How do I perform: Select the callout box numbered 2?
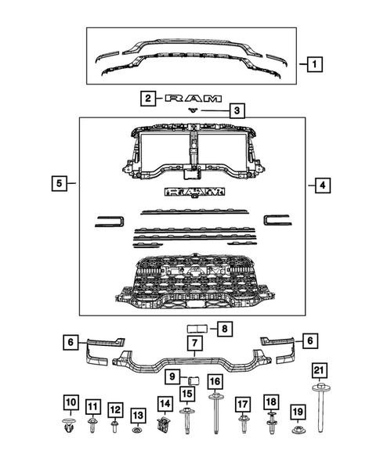point(147,99)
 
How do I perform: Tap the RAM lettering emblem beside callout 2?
point(189,99)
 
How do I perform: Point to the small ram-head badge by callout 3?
point(193,111)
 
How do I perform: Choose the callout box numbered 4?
point(320,185)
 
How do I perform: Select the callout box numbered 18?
point(271,402)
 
